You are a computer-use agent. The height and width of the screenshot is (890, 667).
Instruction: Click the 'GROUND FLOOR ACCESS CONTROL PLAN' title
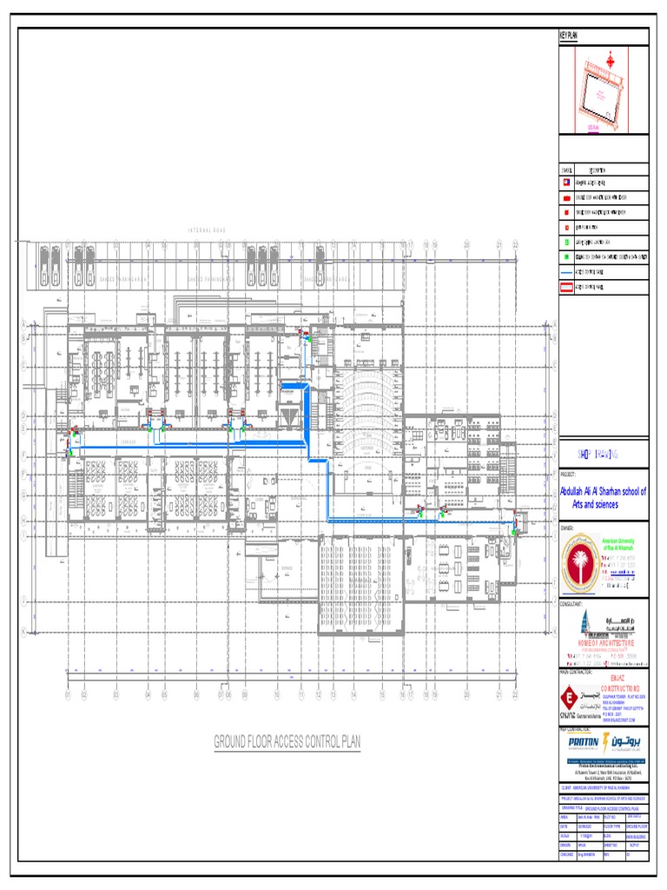(287, 741)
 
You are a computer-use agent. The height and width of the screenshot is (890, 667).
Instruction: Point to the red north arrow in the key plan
(610, 60)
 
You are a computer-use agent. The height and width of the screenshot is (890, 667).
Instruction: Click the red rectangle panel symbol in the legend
(566, 283)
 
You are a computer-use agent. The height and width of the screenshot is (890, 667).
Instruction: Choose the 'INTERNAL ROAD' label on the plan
(207, 229)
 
